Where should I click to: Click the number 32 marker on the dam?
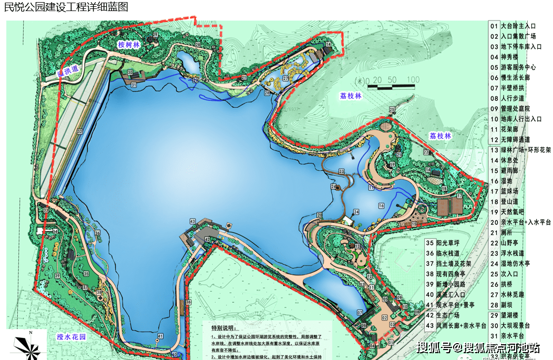(x=79, y=131)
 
